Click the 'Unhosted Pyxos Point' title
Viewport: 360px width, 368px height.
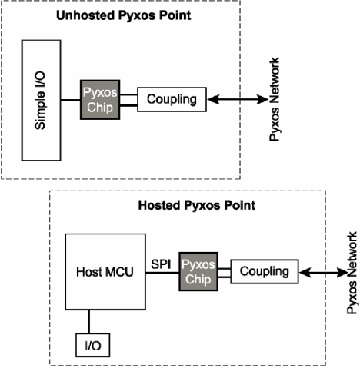point(123,15)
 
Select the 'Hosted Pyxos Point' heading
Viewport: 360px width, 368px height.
point(197,205)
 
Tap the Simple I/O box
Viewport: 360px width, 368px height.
point(42,101)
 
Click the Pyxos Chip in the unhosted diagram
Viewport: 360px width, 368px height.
point(100,100)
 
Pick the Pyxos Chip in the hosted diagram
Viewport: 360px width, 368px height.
point(198,272)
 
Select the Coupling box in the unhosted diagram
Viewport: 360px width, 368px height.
point(172,99)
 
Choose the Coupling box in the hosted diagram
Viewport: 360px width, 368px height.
point(265,271)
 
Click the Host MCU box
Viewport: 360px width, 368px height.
point(105,272)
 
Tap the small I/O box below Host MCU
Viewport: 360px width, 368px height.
point(93,345)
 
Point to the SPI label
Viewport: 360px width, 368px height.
point(161,264)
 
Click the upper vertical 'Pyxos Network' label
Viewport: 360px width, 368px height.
point(274,99)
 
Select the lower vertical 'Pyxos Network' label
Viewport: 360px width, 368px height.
point(352,273)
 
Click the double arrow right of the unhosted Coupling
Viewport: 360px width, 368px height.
point(238,99)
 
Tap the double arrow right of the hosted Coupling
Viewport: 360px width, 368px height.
point(323,273)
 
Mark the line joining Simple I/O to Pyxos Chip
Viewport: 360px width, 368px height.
point(71,100)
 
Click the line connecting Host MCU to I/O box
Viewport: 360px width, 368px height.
point(89,322)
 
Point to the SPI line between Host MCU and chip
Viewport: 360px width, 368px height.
point(162,273)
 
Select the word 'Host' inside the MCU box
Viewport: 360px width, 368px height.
point(89,272)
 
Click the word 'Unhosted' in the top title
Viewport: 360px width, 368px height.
point(85,15)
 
